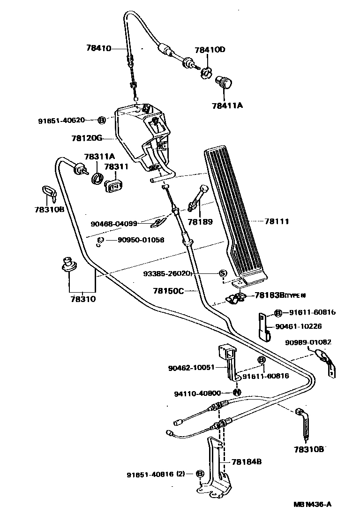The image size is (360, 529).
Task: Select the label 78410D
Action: (210, 50)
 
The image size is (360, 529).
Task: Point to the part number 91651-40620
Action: (61, 120)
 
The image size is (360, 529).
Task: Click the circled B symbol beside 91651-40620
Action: (101, 120)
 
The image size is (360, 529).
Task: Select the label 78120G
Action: (87, 138)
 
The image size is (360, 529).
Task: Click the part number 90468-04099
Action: (114, 223)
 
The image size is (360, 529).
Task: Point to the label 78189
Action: (200, 222)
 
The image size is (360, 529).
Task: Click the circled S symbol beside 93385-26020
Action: (223, 273)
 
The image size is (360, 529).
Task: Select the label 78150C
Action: (168, 291)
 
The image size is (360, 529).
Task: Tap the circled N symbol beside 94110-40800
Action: (237, 392)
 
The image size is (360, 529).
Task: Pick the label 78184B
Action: (246, 461)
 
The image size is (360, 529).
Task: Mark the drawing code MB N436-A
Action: (313, 505)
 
